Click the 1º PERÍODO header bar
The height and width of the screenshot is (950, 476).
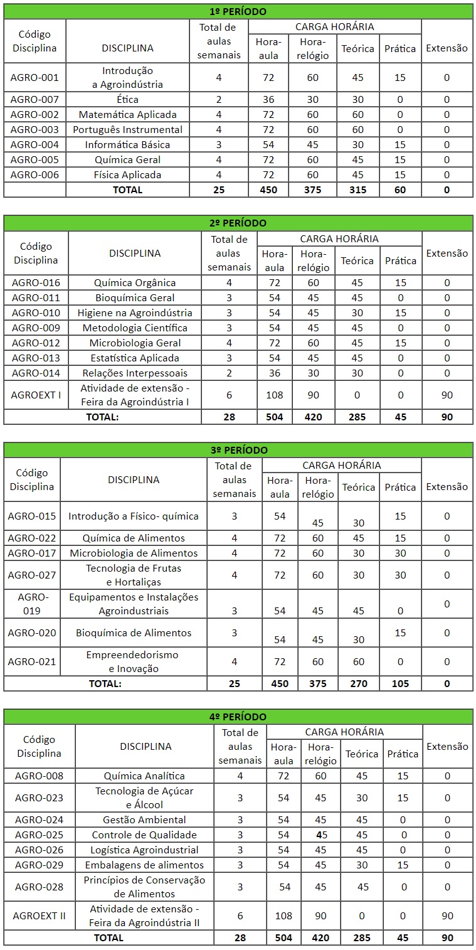pyautogui.click(x=238, y=11)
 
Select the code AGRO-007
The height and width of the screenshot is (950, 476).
pyautogui.click(x=34, y=99)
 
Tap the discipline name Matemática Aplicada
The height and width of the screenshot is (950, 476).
pyautogui.click(x=127, y=114)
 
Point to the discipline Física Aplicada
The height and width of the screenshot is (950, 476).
pyautogui.click(x=127, y=174)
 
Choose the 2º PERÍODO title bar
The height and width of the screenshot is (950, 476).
pyautogui.click(x=238, y=223)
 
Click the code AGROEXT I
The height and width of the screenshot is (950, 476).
pyautogui.click(x=36, y=395)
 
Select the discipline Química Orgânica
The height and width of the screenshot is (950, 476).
pyautogui.click(x=135, y=282)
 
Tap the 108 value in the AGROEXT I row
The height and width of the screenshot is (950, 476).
pyautogui.click(x=274, y=395)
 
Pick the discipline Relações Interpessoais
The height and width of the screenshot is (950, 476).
pyautogui.click(x=135, y=373)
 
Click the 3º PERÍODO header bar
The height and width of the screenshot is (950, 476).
pyautogui.click(x=238, y=450)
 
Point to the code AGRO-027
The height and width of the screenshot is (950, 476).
pyautogui.click(x=32, y=575)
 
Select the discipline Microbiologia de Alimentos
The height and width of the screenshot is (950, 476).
pyautogui.click(x=134, y=553)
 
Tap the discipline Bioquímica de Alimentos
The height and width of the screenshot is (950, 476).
pyautogui.click(x=134, y=632)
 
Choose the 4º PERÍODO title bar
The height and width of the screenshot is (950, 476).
pyautogui.click(x=238, y=717)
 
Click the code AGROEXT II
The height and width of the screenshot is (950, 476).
pyautogui.click(x=39, y=915)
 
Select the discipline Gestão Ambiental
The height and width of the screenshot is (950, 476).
pyautogui.click(x=144, y=819)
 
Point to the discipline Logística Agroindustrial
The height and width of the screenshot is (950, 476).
pyautogui.click(x=144, y=850)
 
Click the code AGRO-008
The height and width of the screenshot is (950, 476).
pyautogui.click(x=39, y=776)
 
